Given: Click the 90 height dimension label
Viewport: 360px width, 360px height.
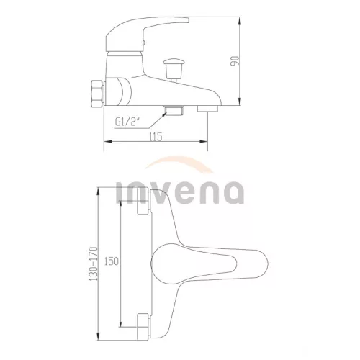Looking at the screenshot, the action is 235,61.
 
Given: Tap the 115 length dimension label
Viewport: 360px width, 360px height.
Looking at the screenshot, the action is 156,137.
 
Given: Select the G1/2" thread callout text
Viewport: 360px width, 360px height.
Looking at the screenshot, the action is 127,122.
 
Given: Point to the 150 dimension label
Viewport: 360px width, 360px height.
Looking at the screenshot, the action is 112,261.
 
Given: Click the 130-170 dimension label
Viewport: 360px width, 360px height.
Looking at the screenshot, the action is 94,264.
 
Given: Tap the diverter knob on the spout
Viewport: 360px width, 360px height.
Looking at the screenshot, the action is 174,70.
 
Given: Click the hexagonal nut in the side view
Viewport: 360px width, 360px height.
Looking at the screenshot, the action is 96,94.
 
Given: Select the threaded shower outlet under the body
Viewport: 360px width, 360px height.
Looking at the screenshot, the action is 174,110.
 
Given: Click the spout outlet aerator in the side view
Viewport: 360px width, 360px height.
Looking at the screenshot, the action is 207,109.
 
